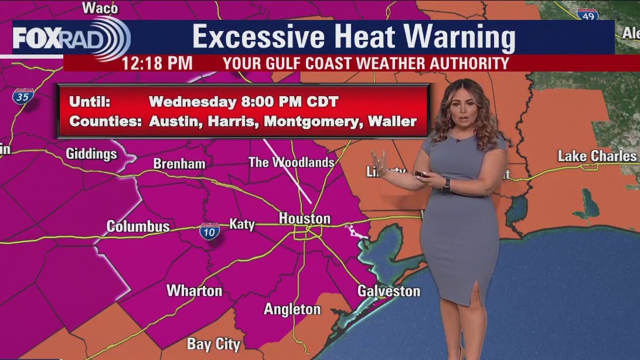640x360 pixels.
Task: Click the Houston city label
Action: pyautogui.click(x=304, y=219)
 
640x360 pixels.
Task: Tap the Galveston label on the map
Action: pyautogui.click(x=389, y=291)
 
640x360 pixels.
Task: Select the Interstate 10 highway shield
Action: pyautogui.click(x=209, y=231)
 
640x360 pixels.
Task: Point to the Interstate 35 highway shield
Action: pyautogui.click(x=23, y=97)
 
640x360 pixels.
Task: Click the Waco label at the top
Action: pyautogui.click(x=100, y=8)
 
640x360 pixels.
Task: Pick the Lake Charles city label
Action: pyautogui.click(x=597, y=156)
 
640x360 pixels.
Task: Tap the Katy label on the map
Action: pyautogui.click(x=241, y=224)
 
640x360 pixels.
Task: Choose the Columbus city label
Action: pyautogui.click(x=138, y=226)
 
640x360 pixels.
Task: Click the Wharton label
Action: pyautogui.click(x=194, y=290)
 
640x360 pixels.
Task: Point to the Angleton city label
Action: pyautogui.click(x=292, y=309)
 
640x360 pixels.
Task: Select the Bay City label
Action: pyautogui.click(x=213, y=344)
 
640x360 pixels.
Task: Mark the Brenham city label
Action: pyautogui.click(x=179, y=164)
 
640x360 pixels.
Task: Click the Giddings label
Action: pyautogui.click(x=91, y=154)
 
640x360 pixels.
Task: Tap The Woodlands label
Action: pyautogui.click(x=291, y=162)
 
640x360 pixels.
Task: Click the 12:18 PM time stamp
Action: pyautogui.click(x=157, y=63)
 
